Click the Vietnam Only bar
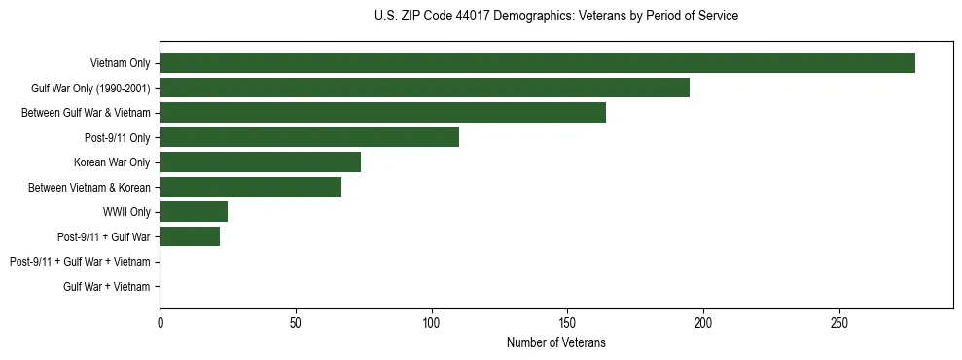point(537,63)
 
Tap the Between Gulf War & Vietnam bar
point(382,113)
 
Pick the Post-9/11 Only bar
point(309,137)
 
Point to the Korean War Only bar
point(260,162)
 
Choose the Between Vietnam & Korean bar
point(250,187)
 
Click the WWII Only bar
point(194,212)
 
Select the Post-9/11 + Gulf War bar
point(190,236)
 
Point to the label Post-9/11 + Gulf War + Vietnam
point(80,262)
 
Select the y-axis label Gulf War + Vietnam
point(107,286)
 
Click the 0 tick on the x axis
point(160,323)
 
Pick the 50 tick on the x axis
point(296,323)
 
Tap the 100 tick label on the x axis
point(432,323)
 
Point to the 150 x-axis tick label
point(567,323)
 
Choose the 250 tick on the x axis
point(839,323)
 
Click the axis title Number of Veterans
point(555,342)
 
